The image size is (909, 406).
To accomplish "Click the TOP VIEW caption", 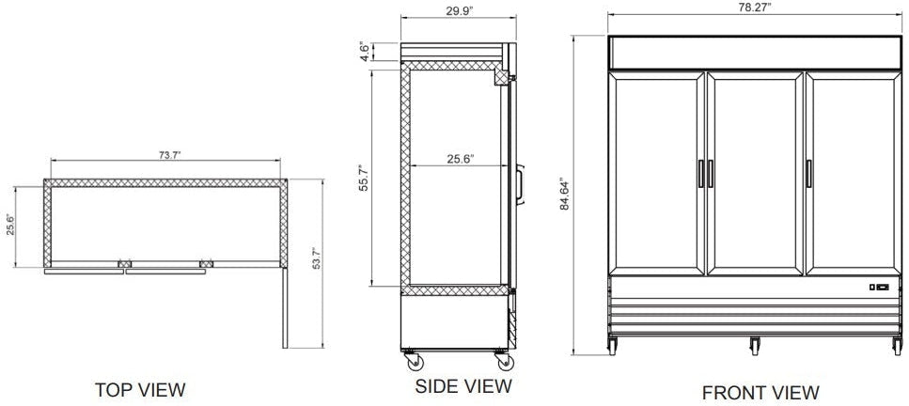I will pos(141,388).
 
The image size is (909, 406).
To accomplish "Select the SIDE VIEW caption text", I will pos(463,385).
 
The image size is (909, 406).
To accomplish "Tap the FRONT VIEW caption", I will pos(760,391).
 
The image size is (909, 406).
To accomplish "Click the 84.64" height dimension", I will pos(564,195).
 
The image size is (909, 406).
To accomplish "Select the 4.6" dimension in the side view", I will pos(365,51).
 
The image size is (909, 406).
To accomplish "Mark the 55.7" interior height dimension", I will pos(365,178).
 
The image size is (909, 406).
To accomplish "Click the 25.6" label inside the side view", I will pos(459,159).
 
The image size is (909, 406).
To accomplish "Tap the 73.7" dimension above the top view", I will pos(166,154).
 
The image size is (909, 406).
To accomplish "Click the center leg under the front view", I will pos(755,345).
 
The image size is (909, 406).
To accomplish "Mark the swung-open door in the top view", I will pos(286,310).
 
